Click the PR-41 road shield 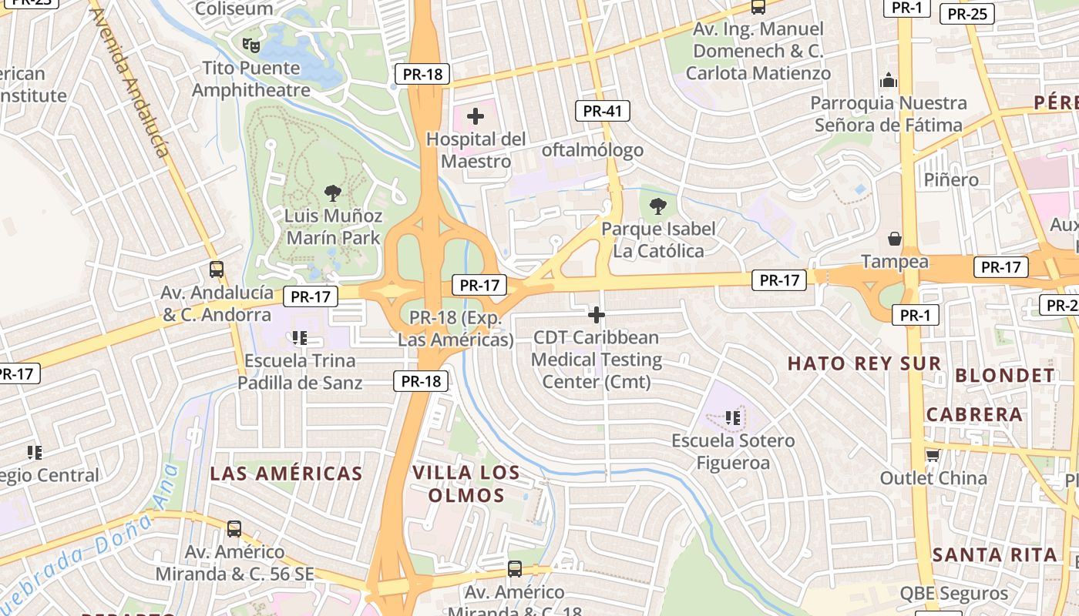602,111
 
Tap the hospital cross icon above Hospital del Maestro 476,117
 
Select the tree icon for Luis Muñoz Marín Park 333,192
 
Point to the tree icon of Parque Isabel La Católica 657,206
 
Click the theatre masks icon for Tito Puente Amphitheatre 250,45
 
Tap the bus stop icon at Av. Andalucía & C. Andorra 217,269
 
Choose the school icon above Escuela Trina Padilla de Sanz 300,337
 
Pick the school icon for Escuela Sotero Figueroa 732,417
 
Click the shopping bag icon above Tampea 894,239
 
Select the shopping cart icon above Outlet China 933,455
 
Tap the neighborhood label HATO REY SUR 864,363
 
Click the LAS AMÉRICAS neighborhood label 286,474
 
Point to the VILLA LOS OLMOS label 466,484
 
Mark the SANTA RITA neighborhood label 994,554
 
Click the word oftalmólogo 592,150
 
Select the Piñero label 951,179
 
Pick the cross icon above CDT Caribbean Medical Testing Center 596,315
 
